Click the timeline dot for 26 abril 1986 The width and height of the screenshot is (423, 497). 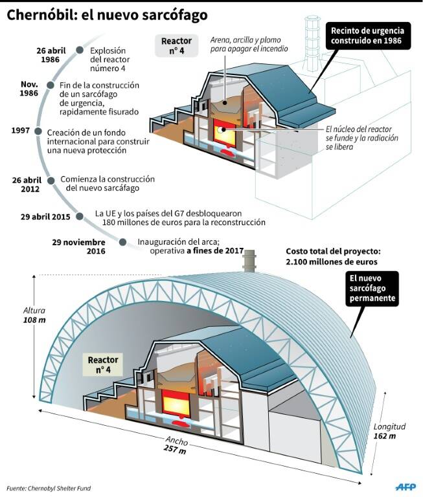[80, 50]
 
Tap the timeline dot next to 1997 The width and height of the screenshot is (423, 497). [38, 131]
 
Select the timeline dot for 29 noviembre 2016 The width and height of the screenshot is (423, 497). [123, 242]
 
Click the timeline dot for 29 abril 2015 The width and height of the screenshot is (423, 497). [80, 217]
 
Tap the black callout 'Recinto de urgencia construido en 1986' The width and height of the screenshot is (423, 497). [368, 36]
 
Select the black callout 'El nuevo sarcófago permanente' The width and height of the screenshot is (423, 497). [372, 289]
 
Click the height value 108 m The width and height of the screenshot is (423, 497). [34, 320]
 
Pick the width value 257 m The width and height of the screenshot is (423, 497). [175, 449]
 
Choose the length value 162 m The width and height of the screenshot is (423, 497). [385, 436]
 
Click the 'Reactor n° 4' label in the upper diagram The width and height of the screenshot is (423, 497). [176, 46]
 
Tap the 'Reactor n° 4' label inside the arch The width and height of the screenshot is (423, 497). [103, 364]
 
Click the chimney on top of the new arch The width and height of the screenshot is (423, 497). [250, 261]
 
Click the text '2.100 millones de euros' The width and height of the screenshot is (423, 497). [332, 262]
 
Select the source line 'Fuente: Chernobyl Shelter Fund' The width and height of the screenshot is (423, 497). [49, 488]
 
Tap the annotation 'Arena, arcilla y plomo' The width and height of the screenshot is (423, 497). [246, 40]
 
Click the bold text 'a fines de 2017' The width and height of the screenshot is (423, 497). [215, 250]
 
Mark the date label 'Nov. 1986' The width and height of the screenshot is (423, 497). [29, 89]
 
